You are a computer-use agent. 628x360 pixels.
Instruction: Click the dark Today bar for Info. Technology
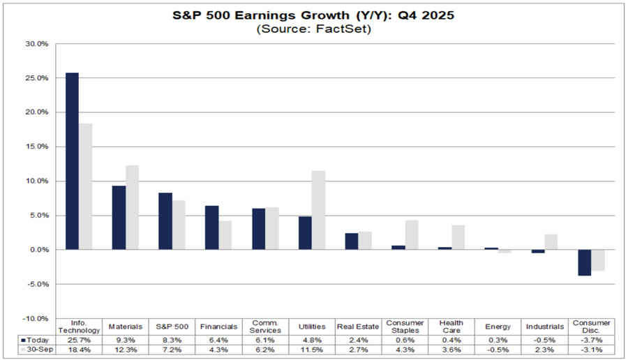tap(72, 161)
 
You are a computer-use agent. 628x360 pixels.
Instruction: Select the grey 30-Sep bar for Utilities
tap(318, 210)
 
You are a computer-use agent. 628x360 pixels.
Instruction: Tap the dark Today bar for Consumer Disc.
tap(584, 262)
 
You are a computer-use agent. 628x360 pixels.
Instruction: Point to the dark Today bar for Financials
tap(211, 227)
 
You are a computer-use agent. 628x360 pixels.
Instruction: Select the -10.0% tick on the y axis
tap(36, 318)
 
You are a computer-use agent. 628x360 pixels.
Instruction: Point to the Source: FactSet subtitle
tap(314, 29)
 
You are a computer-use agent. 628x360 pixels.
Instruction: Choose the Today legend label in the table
tap(33, 338)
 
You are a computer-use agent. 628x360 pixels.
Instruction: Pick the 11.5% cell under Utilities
tap(311, 348)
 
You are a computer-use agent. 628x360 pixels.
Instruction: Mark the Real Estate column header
tap(357, 327)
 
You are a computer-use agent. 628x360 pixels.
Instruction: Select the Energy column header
tap(497, 327)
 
